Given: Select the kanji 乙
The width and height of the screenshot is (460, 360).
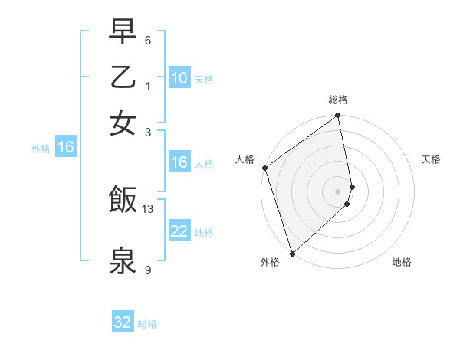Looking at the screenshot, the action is pyautogui.click(x=123, y=77).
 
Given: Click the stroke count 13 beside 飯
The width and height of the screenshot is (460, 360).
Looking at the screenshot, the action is pyautogui.click(x=149, y=208).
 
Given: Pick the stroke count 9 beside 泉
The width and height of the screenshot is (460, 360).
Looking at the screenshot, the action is pyautogui.click(x=149, y=270).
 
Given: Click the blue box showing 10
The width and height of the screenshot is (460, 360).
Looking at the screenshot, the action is pyautogui.click(x=179, y=78).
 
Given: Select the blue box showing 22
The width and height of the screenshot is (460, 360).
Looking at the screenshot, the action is pyautogui.click(x=179, y=232).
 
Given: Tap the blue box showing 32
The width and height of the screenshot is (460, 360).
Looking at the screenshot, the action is pyautogui.click(x=123, y=322).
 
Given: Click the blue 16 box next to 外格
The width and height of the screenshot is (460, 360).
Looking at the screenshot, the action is pyautogui.click(x=66, y=148).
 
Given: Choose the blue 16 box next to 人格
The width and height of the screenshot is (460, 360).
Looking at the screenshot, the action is pyautogui.click(x=179, y=162).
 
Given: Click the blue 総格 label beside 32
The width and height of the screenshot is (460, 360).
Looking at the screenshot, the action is pyautogui.click(x=147, y=324).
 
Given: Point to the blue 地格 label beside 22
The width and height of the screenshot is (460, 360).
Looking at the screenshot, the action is pyautogui.click(x=204, y=233).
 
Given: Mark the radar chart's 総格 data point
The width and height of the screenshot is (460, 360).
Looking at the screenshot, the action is pyautogui.click(x=338, y=116).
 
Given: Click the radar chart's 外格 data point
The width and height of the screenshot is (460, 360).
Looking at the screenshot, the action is pyautogui.click(x=292, y=253).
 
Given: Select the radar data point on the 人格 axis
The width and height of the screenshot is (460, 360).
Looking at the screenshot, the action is pyautogui.click(x=264, y=168).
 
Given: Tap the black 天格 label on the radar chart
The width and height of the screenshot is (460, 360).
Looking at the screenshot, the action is pyautogui.click(x=431, y=159).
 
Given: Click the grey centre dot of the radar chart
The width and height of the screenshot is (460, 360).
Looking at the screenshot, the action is pyautogui.click(x=338, y=191).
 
